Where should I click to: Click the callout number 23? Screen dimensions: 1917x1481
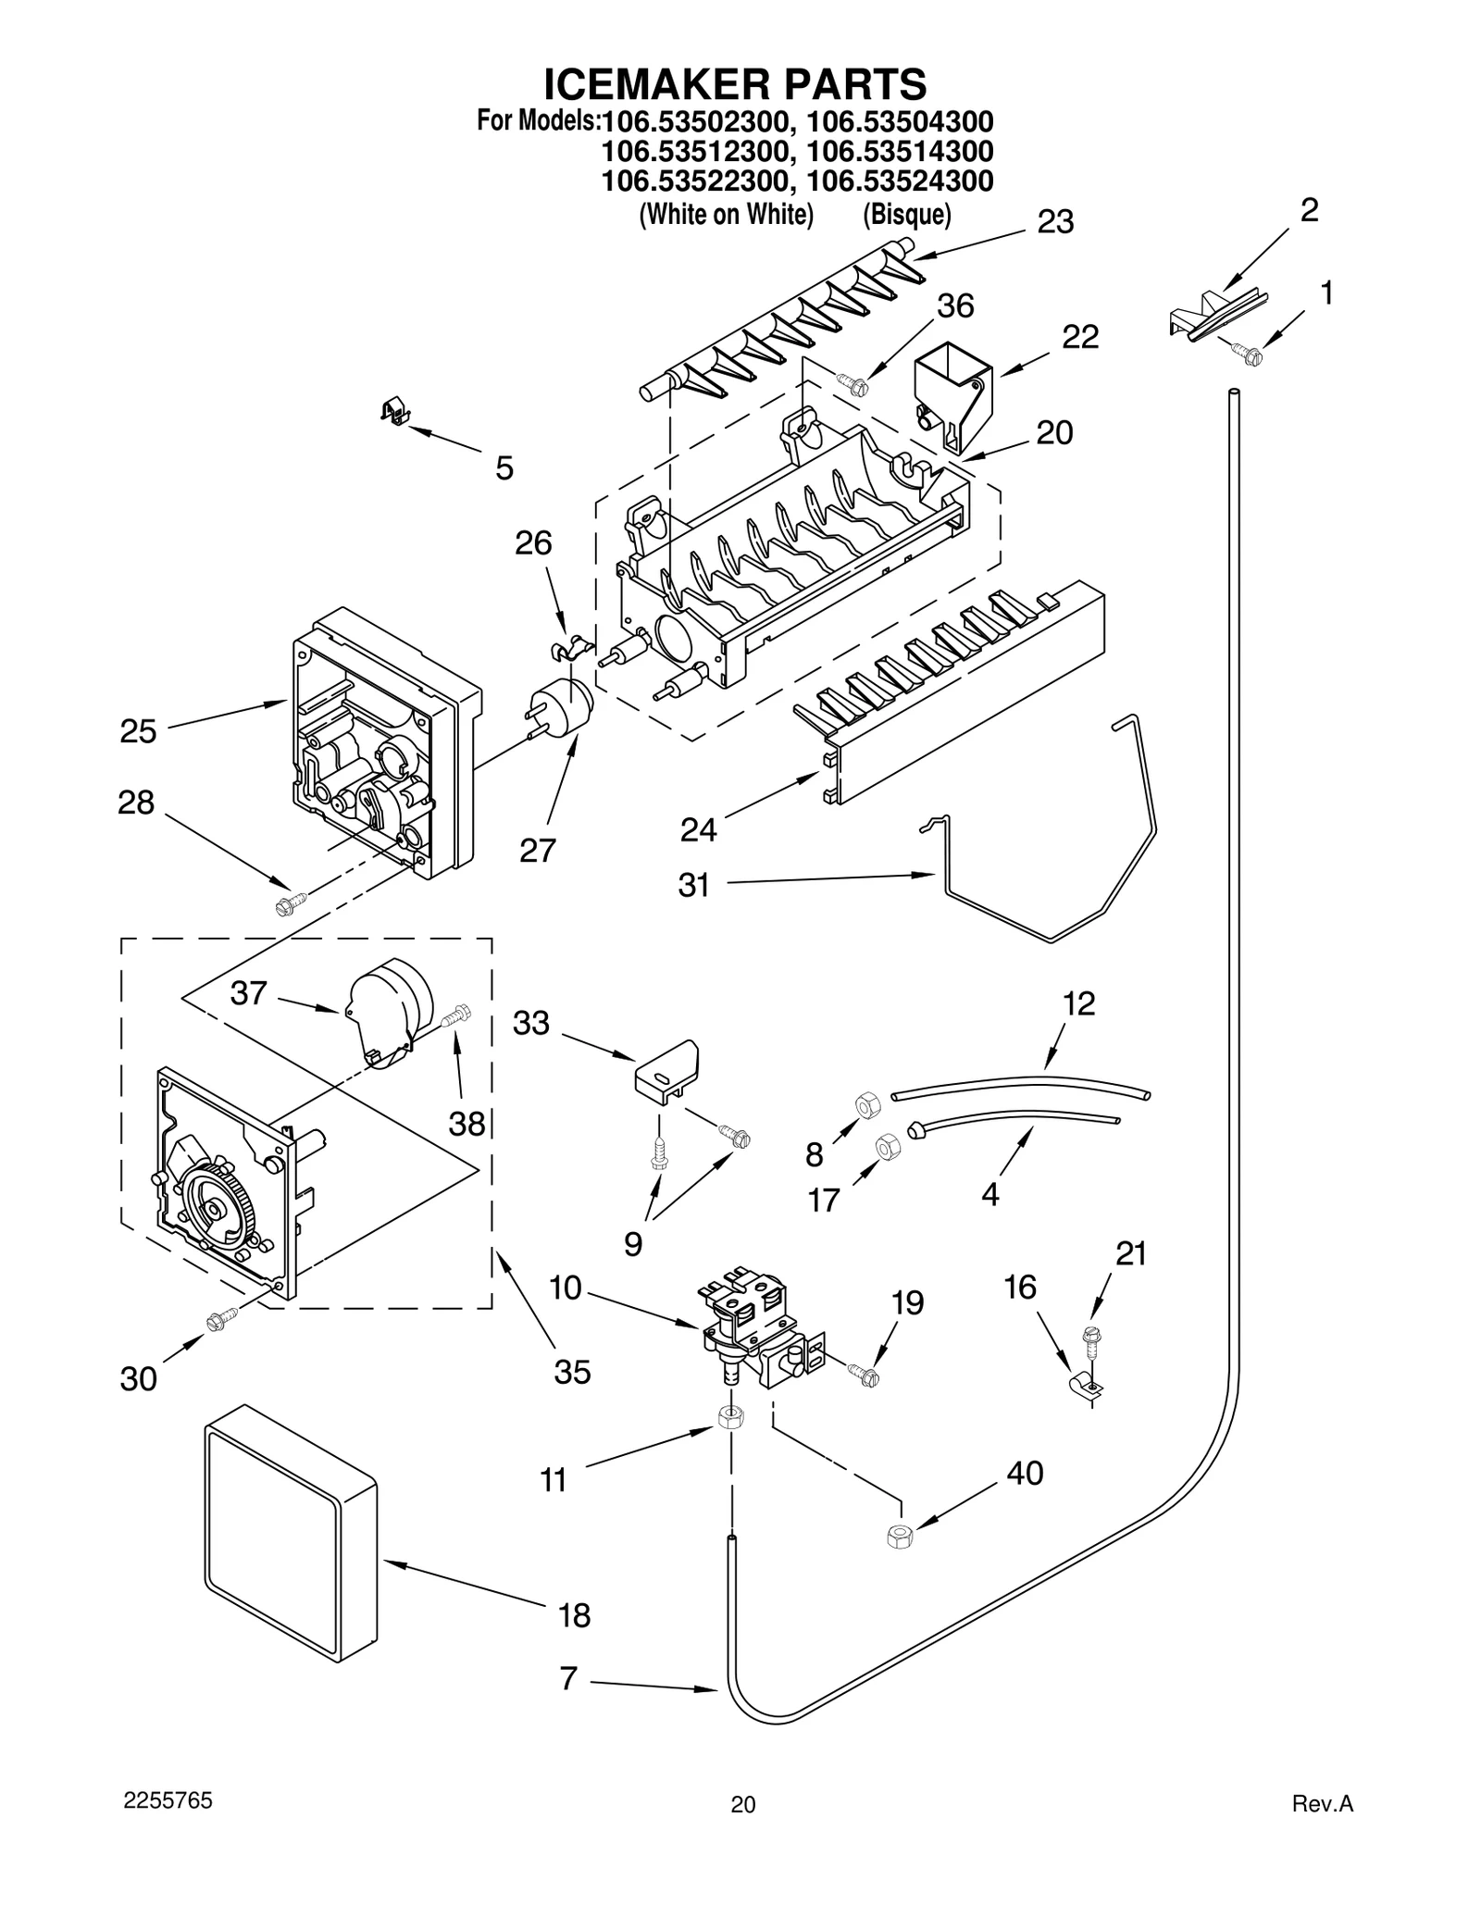(x=1054, y=222)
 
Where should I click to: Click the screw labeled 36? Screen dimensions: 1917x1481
(x=851, y=381)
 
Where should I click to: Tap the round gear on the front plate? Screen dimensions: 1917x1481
(x=216, y=1210)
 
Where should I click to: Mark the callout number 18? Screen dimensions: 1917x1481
(x=574, y=1615)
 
